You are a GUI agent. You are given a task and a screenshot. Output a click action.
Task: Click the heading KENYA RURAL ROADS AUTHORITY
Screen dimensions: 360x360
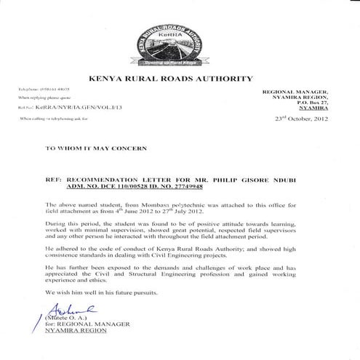point(180,77)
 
